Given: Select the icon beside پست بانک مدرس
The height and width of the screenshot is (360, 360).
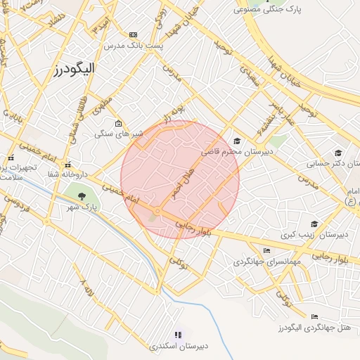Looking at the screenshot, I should click(133, 34).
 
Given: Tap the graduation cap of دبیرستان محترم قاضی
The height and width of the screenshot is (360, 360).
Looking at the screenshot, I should click(236, 141).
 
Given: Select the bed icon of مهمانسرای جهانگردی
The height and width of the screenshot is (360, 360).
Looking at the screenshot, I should click(266, 251).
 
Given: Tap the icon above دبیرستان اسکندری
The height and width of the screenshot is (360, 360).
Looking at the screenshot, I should click(178, 335).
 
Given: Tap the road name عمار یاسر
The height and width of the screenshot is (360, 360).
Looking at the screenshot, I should click(278, 112).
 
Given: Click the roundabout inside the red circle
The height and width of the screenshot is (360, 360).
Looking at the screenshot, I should click(158, 211).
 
